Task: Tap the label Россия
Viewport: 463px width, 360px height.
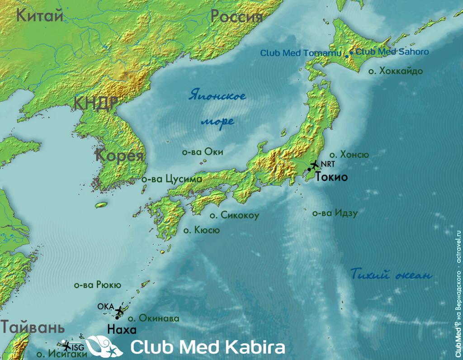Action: coord(236,17)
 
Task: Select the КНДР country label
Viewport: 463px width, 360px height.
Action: coord(96,103)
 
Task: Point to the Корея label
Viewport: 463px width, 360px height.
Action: coord(119,156)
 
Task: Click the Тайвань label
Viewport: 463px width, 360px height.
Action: coord(32,327)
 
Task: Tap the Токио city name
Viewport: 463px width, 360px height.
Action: coord(331,177)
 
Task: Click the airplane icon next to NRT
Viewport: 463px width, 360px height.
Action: coord(315,165)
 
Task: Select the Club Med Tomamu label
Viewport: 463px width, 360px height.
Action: coord(301,53)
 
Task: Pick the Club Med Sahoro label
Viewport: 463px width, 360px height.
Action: coord(392,52)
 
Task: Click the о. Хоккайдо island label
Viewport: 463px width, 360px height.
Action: coord(396,71)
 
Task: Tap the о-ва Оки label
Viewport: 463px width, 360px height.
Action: coord(203,152)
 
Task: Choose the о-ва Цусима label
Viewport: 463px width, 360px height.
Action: coord(172,180)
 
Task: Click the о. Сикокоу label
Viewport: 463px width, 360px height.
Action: coord(234,215)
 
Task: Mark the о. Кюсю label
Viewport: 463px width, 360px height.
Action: coord(201,230)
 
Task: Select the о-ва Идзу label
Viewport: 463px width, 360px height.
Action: coord(335,213)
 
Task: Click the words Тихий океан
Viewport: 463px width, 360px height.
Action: coord(391,275)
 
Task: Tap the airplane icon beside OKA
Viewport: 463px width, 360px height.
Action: coord(119,311)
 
